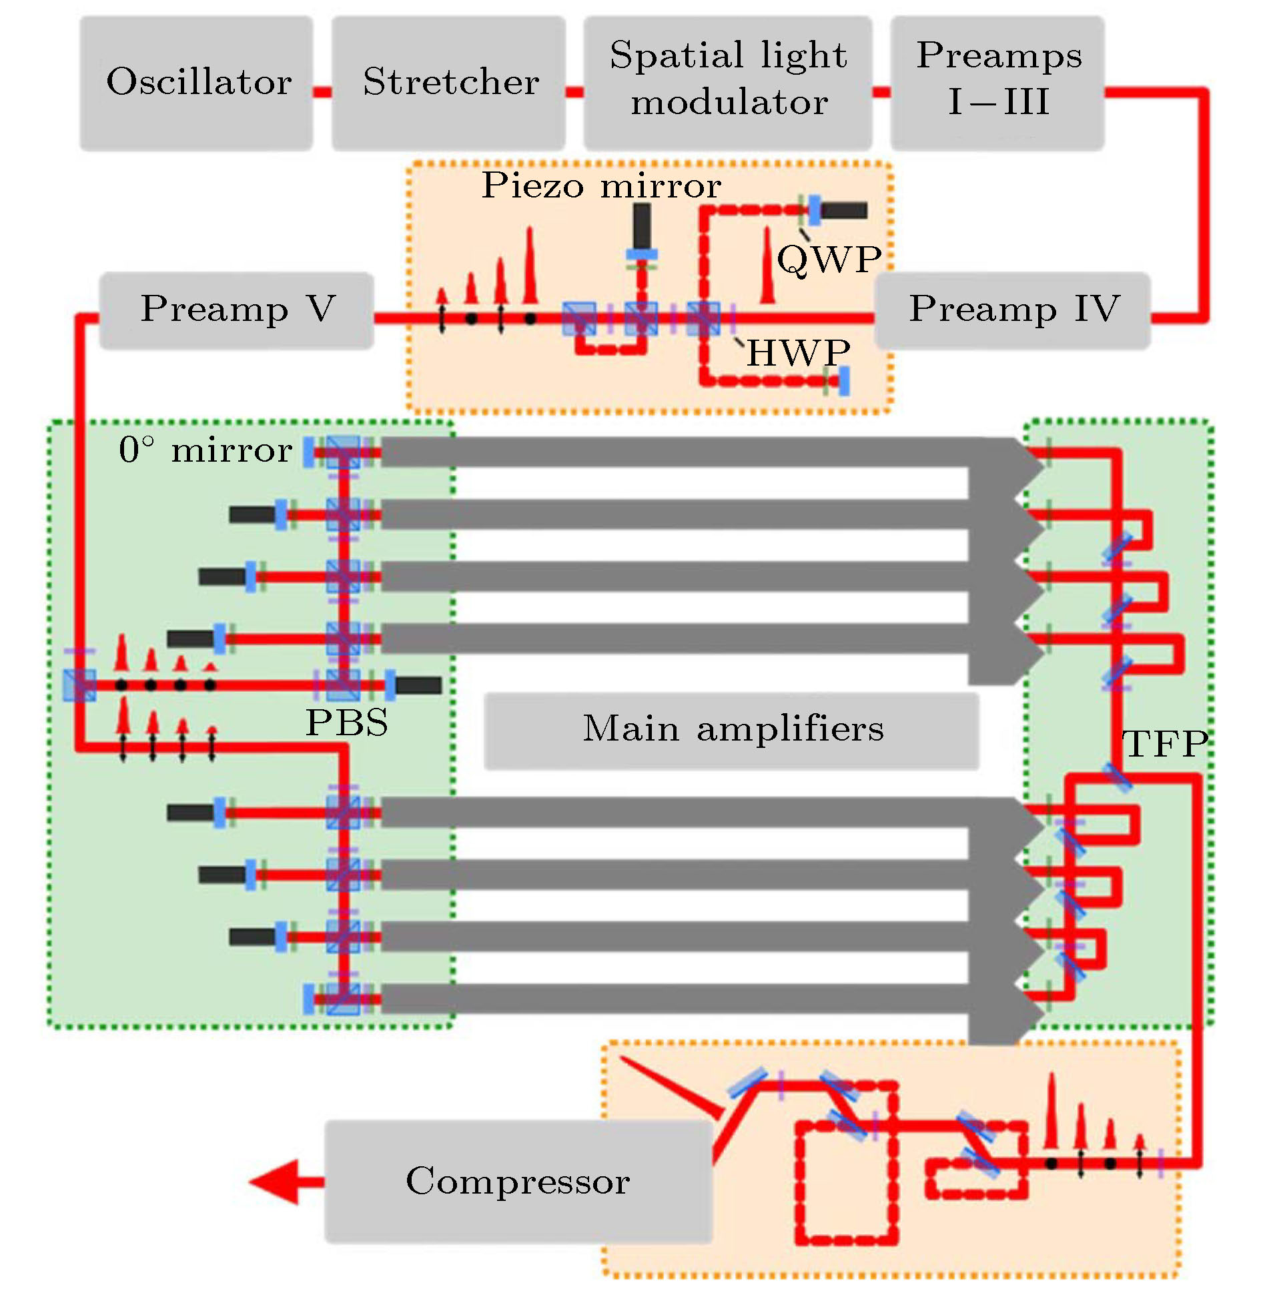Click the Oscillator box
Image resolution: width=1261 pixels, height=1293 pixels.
196,83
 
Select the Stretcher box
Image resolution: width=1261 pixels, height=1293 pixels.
448,83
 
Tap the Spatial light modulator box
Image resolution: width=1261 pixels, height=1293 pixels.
727,83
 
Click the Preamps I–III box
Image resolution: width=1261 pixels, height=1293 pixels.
997,83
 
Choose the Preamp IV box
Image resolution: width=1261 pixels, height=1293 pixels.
1011,310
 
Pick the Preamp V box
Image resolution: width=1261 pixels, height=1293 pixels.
236,310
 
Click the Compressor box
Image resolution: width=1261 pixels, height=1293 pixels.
518,1181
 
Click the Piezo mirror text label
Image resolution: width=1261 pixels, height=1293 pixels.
600,185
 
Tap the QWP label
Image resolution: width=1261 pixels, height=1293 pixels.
829,259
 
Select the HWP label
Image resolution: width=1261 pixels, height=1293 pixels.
798,352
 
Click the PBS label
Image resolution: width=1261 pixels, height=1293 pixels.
347,723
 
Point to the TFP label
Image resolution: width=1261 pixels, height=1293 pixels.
1165,744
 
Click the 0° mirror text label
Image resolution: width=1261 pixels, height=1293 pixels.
205,450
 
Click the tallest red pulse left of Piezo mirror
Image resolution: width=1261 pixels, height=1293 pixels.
530,267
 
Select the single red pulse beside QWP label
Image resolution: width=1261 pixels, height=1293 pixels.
767,267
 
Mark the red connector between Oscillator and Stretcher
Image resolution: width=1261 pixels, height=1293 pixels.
322,92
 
